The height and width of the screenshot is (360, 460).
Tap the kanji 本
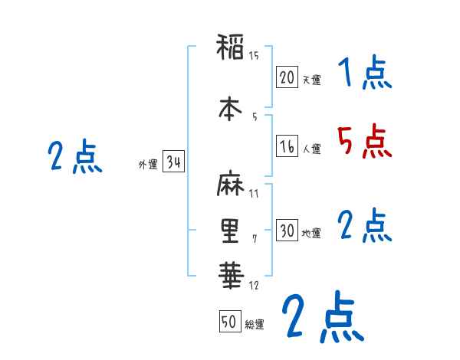click(x=230, y=109)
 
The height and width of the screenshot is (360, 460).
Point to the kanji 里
click(x=230, y=231)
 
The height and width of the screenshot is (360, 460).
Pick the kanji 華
click(x=230, y=274)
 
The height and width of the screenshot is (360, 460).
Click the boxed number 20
click(x=287, y=77)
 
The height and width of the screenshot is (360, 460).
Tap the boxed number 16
click(x=287, y=146)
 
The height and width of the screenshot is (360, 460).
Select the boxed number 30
click(x=287, y=231)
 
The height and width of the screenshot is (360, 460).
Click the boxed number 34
click(x=173, y=162)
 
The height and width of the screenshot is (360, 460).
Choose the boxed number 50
click(x=229, y=322)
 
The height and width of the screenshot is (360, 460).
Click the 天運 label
click(x=311, y=80)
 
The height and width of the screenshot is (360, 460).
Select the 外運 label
click(x=148, y=165)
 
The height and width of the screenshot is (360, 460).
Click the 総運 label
click(x=255, y=325)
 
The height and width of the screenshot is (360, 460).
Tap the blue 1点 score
click(x=363, y=74)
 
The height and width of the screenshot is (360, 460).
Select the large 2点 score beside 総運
click(x=322, y=318)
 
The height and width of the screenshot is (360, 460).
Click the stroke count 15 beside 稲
click(x=254, y=54)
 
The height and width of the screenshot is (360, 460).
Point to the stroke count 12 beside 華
click(x=254, y=286)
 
